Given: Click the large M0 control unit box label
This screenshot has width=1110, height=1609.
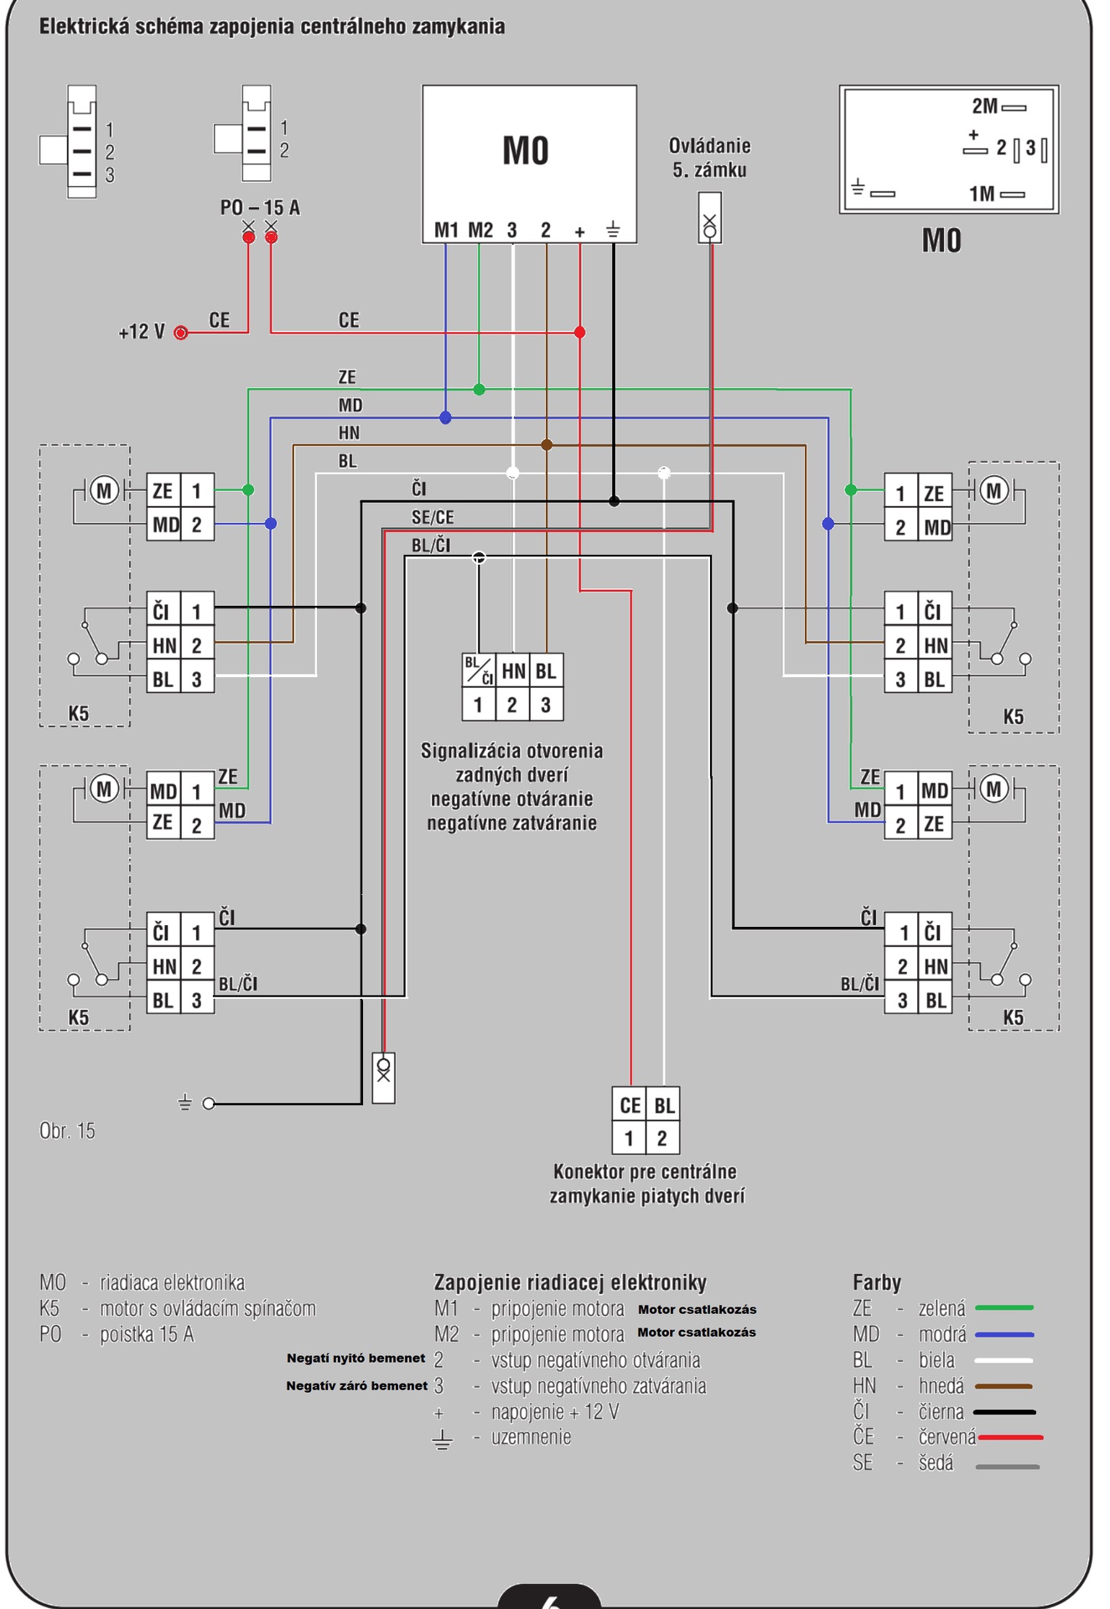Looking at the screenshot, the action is coord(526,152).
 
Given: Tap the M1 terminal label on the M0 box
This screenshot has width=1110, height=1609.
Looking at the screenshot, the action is coord(446,230).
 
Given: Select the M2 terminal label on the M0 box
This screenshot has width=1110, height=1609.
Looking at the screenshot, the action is coord(480,230).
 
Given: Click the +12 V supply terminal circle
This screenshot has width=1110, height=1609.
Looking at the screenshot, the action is coord(180,333).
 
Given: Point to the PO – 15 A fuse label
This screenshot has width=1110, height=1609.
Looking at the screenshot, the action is coord(260,207).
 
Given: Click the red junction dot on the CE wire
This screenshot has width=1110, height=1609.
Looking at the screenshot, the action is coord(579,333).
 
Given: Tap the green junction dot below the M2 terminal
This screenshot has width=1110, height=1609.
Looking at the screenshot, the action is coord(479,390).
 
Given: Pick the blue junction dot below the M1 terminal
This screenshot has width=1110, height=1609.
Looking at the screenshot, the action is coord(445,417).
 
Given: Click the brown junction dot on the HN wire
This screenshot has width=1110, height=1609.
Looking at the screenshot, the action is coord(547,445).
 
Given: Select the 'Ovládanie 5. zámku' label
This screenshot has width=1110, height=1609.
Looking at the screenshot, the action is coord(709,158).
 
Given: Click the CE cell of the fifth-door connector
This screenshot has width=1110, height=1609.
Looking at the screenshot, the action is coord(630,1105).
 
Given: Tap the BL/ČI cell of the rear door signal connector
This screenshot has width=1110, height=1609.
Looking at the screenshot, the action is coord(479,670).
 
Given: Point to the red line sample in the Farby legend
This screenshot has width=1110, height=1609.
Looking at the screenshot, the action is coord(1010,1437).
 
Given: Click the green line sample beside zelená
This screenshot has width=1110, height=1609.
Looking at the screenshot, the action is coord(1004,1307).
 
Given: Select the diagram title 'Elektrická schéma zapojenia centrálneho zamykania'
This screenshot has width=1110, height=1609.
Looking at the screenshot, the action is coord(272,27).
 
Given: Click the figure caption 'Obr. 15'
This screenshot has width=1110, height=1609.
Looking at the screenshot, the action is coord(67,1130).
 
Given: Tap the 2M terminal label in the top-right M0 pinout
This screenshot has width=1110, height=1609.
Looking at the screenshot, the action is coord(985,106).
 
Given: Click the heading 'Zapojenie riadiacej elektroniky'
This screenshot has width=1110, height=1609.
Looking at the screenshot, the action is coord(570,1282).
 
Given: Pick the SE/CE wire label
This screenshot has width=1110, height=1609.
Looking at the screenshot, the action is coord(433,517).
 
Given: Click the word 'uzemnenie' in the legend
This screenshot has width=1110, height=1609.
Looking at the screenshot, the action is coord(532,1437).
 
